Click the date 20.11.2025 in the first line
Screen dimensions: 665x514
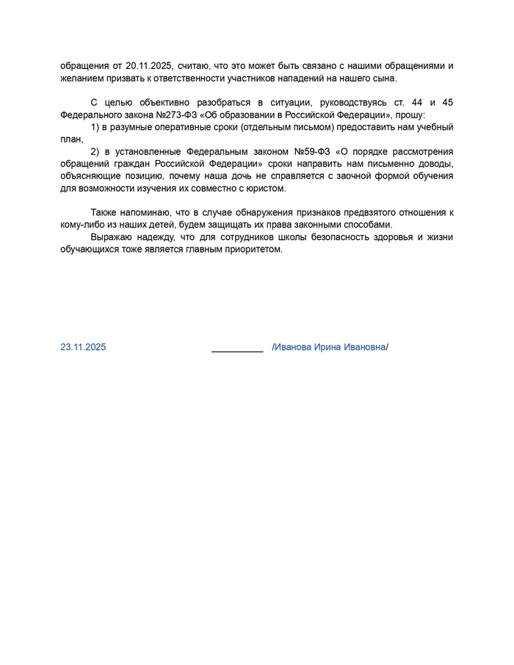click(x=149, y=66)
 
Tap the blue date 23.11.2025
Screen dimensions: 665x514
click(x=83, y=347)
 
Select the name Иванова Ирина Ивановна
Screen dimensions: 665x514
click(x=330, y=347)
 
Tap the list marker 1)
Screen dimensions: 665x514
click(x=95, y=128)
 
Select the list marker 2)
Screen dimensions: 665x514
click(x=95, y=152)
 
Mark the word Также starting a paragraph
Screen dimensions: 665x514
click(x=104, y=213)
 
